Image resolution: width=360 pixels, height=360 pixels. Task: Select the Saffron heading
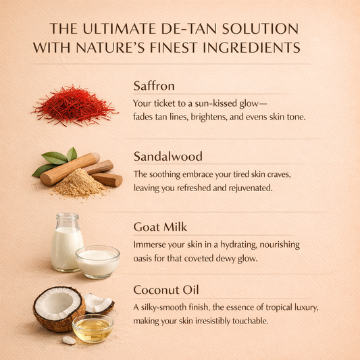(x=154, y=86)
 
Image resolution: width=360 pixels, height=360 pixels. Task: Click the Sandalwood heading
(x=168, y=156)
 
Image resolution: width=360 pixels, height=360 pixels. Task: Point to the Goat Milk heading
(x=160, y=227)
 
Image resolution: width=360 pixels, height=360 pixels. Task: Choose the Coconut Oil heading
(x=165, y=290)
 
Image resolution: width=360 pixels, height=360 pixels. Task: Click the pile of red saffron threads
(x=74, y=105)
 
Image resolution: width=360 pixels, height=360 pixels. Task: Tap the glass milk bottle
(x=66, y=242)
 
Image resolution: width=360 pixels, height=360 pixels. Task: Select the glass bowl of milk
(x=97, y=262)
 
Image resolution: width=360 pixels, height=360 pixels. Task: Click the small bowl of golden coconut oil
(x=93, y=328)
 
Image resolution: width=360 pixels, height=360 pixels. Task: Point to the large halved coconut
(x=59, y=309)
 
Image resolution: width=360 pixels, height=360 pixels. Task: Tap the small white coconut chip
(x=69, y=340)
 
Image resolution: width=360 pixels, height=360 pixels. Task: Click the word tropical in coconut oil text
(x=280, y=307)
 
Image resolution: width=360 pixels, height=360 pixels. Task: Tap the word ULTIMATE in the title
(x=120, y=28)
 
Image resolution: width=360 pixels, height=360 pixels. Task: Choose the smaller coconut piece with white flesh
(x=99, y=303)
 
